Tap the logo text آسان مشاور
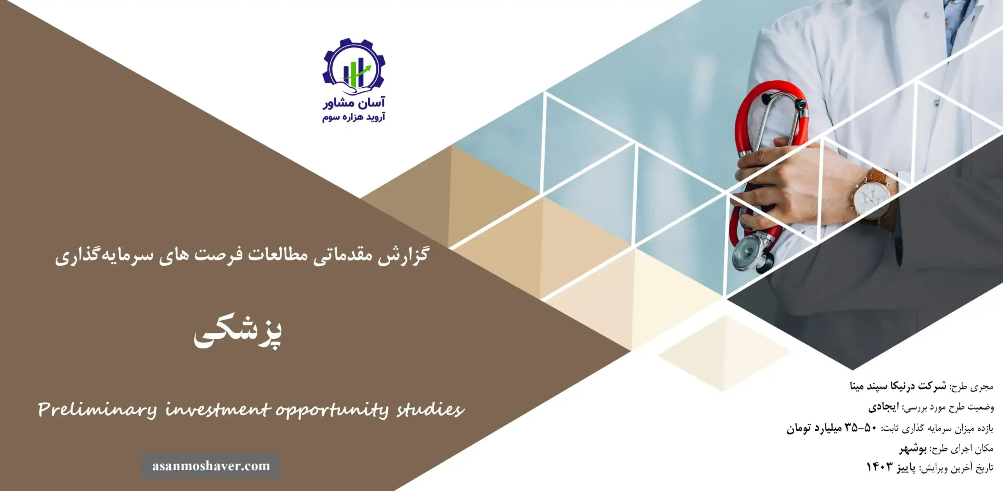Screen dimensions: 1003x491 (354, 103)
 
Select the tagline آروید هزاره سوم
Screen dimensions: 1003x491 (354, 117)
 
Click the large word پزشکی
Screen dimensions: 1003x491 (238, 333)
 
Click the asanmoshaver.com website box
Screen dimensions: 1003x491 (211, 466)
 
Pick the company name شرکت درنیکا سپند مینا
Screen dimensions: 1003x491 (898, 386)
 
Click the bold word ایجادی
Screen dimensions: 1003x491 (884, 407)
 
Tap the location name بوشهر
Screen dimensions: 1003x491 (913, 448)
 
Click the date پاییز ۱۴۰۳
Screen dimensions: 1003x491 (891, 467)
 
